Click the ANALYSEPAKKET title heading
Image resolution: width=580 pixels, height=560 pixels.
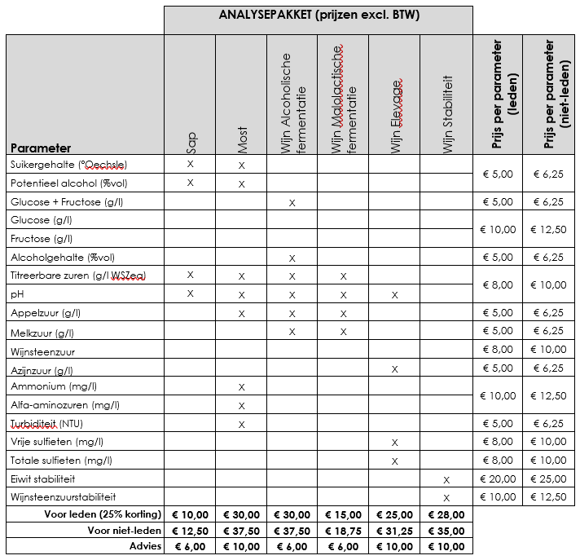[x=319, y=15]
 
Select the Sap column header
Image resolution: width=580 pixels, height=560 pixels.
[x=191, y=142]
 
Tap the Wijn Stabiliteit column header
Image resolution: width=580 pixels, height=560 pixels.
[x=447, y=114]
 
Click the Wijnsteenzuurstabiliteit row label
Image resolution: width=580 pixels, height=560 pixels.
[x=64, y=496]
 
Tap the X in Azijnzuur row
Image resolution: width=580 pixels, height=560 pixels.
[x=395, y=368]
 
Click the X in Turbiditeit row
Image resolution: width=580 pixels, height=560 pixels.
[x=242, y=424]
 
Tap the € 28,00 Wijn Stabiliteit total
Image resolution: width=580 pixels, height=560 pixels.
[x=447, y=514]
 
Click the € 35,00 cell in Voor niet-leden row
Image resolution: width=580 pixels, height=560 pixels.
[x=447, y=530]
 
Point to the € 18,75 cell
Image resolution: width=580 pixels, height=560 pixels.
[x=344, y=530]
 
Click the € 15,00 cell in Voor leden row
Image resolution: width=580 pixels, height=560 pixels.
[x=344, y=514]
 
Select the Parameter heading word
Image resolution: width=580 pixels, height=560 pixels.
[x=41, y=148]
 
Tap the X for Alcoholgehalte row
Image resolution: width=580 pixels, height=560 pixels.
[x=292, y=258]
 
